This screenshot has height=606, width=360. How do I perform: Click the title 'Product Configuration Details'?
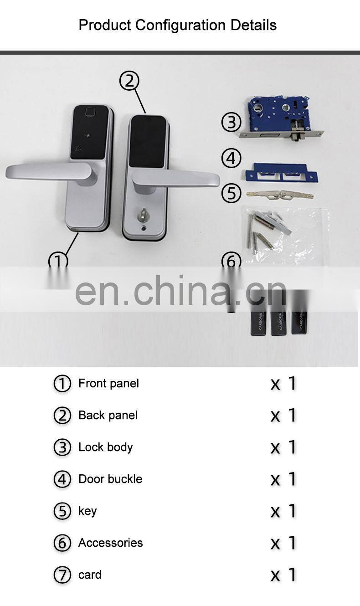177,25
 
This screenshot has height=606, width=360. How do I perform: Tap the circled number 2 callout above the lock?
129,81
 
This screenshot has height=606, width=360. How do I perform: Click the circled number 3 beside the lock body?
231,122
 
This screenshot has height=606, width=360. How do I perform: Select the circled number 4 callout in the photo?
231,158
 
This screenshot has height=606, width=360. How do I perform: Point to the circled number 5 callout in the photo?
231,193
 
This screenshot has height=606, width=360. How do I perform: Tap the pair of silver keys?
279,195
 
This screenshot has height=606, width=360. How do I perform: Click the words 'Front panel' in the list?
108,384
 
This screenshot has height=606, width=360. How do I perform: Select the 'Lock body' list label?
105,447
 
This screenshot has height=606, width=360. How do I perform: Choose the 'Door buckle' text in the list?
110,479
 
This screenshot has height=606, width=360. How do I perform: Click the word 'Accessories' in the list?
110,543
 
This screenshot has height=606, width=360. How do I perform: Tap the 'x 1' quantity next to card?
283,575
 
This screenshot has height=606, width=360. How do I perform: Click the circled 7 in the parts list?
62,575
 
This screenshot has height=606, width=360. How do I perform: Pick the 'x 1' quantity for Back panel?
283,416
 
